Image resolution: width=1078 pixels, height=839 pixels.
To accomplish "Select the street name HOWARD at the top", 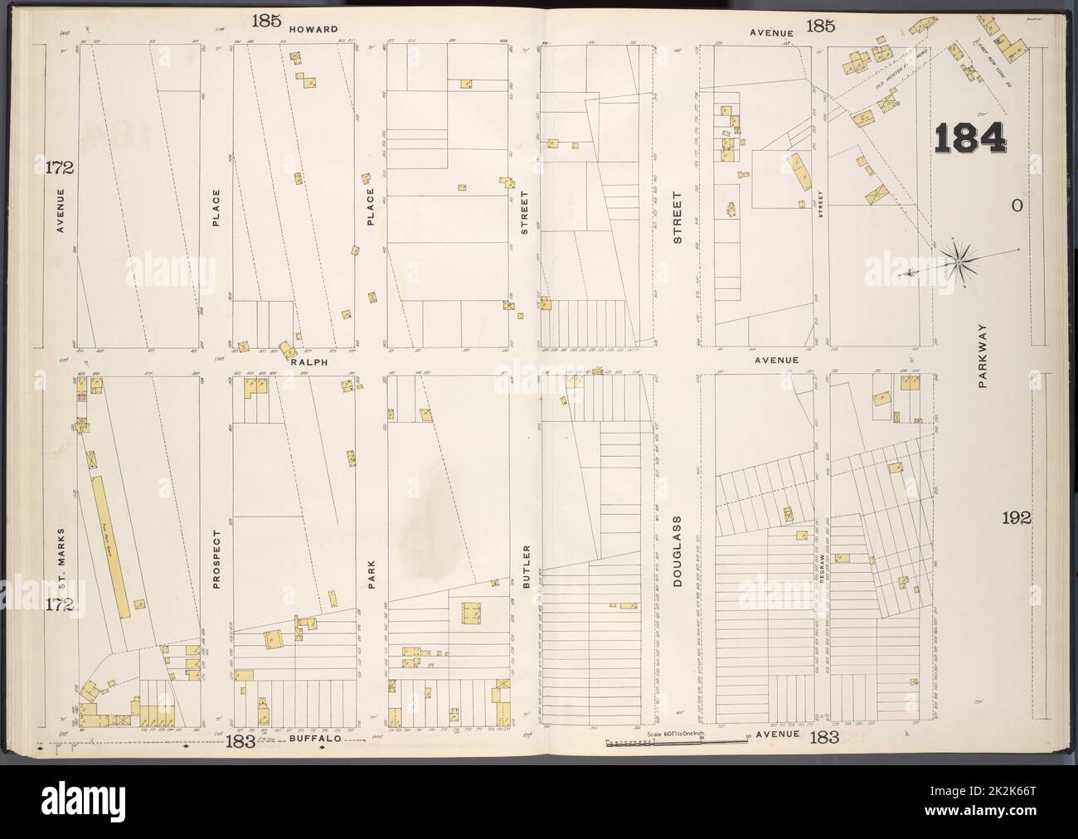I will [x=313, y=29].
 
